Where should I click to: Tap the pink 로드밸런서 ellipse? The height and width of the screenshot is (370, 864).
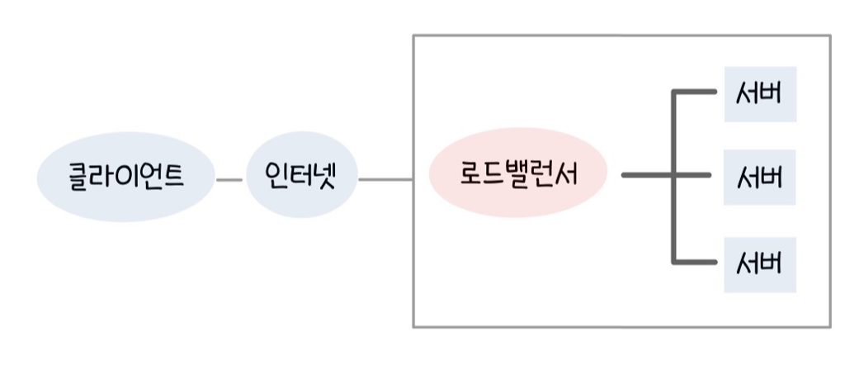517,176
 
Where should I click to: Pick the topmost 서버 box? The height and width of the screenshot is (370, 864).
760,93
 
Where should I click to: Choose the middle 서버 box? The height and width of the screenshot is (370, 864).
760,177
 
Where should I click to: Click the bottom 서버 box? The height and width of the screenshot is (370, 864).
760,264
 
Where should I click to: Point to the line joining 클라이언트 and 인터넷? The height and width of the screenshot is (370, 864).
229,178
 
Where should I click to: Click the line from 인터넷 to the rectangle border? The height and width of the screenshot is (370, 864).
385,178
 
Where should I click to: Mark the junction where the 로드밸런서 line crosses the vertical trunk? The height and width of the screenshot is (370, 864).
675,175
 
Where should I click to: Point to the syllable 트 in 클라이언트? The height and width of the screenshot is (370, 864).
171,177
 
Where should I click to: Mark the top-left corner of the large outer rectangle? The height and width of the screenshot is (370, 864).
413,35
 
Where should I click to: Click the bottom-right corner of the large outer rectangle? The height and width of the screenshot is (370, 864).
830,327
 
